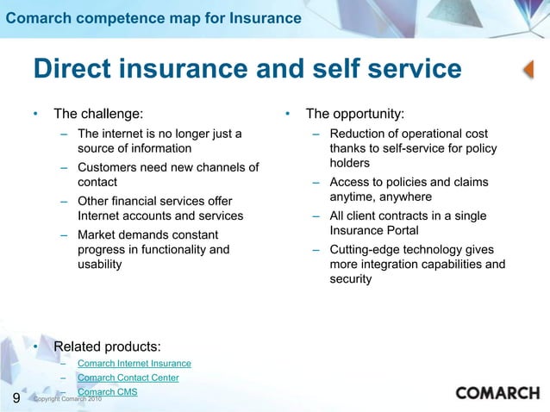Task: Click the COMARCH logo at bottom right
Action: click(x=497, y=393)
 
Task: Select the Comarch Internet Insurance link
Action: click(x=134, y=364)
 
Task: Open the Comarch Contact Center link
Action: click(x=128, y=378)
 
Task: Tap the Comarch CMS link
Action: click(x=107, y=392)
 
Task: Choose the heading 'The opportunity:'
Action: click(x=355, y=113)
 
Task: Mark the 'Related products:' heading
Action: click(x=107, y=346)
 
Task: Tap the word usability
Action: click(x=100, y=265)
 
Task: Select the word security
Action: click(x=351, y=279)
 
